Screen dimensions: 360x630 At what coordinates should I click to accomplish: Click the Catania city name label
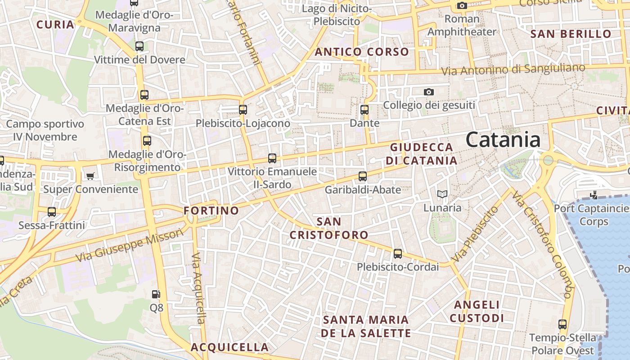(x=503, y=139)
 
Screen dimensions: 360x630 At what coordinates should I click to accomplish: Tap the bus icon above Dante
(x=364, y=109)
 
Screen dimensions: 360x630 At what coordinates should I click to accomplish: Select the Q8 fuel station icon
(x=156, y=294)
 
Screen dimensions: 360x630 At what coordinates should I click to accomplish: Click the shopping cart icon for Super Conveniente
(x=90, y=176)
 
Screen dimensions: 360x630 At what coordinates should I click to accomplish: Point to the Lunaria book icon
(x=442, y=194)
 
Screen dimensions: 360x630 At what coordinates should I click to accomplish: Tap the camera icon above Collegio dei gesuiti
(x=429, y=92)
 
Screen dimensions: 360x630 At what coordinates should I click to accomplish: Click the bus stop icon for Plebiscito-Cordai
(x=398, y=253)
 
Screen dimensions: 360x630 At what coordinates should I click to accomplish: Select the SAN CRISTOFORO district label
(x=328, y=228)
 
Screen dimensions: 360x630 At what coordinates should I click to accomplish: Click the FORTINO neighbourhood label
(x=211, y=211)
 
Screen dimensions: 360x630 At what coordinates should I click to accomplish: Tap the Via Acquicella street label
(x=198, y=288)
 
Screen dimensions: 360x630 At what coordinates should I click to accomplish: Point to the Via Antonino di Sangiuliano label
(x=513, y=70)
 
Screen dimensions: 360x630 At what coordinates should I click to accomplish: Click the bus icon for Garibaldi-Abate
(x=363, y=176)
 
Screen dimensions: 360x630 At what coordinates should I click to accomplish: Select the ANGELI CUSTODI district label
(x=477, y=311)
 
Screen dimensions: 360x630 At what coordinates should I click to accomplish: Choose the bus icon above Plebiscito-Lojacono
(x=243, y=109)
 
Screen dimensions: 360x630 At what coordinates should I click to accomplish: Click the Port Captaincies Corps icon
(x=594, y=195)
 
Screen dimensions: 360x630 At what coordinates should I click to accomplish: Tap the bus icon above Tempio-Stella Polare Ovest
(x=562, y=324)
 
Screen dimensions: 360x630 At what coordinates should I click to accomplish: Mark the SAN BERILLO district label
(x=571, y=34)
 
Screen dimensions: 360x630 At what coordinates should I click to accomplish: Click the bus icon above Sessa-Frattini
(x=52, y=211)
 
